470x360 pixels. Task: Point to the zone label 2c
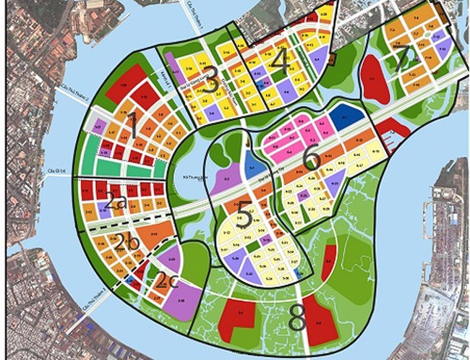tap(167, 280)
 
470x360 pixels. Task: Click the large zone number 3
tap(211, 82)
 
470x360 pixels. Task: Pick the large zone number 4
tap(281, 58)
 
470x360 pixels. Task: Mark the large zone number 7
tap(402, 61)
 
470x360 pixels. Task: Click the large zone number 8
tap(296, 316)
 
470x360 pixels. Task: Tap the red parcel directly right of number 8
tap(320, 318)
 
